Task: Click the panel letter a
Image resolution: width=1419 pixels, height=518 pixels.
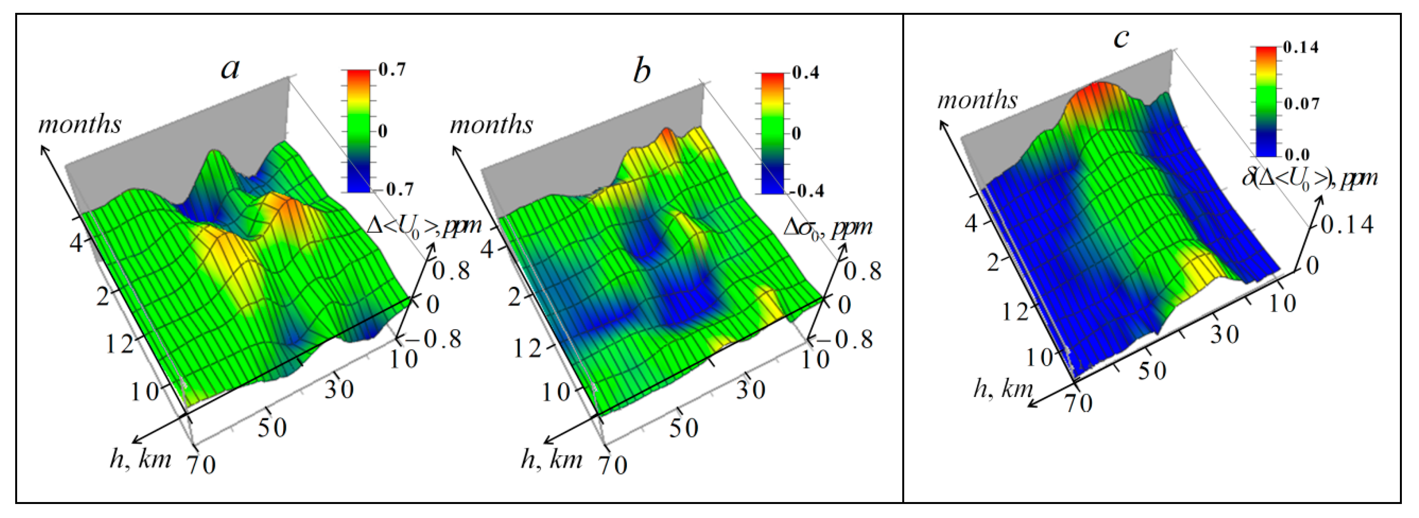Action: (230, 69)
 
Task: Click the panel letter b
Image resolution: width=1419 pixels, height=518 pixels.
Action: (642, 72)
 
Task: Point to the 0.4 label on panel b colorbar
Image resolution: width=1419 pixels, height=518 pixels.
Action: (805, 73)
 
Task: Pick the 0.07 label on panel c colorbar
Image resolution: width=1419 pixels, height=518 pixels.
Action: (1301, 104)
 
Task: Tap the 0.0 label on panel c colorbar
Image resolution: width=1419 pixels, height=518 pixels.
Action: (1297, 154)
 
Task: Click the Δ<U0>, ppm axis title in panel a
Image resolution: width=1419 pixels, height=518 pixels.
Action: (424, 226)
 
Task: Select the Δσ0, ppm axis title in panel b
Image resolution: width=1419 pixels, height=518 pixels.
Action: (828, 227)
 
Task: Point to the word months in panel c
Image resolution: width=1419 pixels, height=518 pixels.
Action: (977, 100)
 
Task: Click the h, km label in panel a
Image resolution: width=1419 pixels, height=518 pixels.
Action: (141, 458)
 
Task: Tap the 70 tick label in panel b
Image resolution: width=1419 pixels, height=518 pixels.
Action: (613, 465)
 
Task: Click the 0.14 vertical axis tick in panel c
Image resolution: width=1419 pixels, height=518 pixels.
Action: (1347, 225)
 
